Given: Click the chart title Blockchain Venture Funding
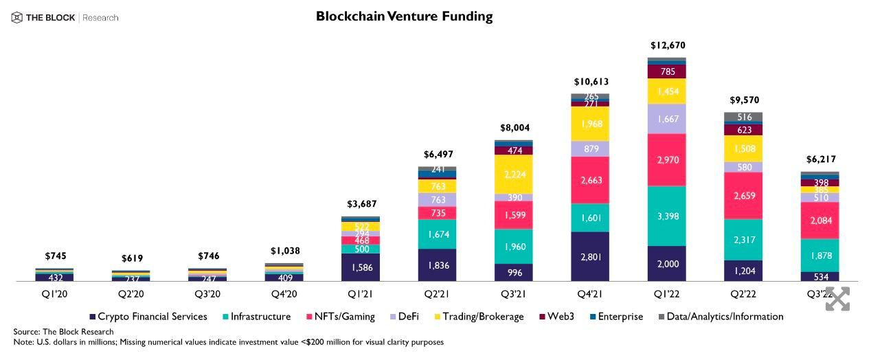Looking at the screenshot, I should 404,16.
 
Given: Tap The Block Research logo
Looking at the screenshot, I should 65,17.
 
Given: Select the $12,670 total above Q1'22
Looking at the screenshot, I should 668,45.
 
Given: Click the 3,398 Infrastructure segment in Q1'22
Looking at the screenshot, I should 667,216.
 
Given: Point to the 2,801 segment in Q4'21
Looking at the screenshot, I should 590,256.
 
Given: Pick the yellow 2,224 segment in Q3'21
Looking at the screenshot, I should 514,175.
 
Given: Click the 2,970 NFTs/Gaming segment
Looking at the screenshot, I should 667,159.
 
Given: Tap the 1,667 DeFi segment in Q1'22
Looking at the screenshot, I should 667,119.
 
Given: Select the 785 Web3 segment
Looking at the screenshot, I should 667,71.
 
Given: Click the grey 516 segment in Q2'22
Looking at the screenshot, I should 743,117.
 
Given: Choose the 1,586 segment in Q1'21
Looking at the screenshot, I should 361,267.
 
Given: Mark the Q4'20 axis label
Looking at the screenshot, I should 284,293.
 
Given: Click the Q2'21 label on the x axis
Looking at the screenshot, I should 438,293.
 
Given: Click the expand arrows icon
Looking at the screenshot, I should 837,298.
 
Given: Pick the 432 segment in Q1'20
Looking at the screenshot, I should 54,278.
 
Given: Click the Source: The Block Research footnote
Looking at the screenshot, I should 64,332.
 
